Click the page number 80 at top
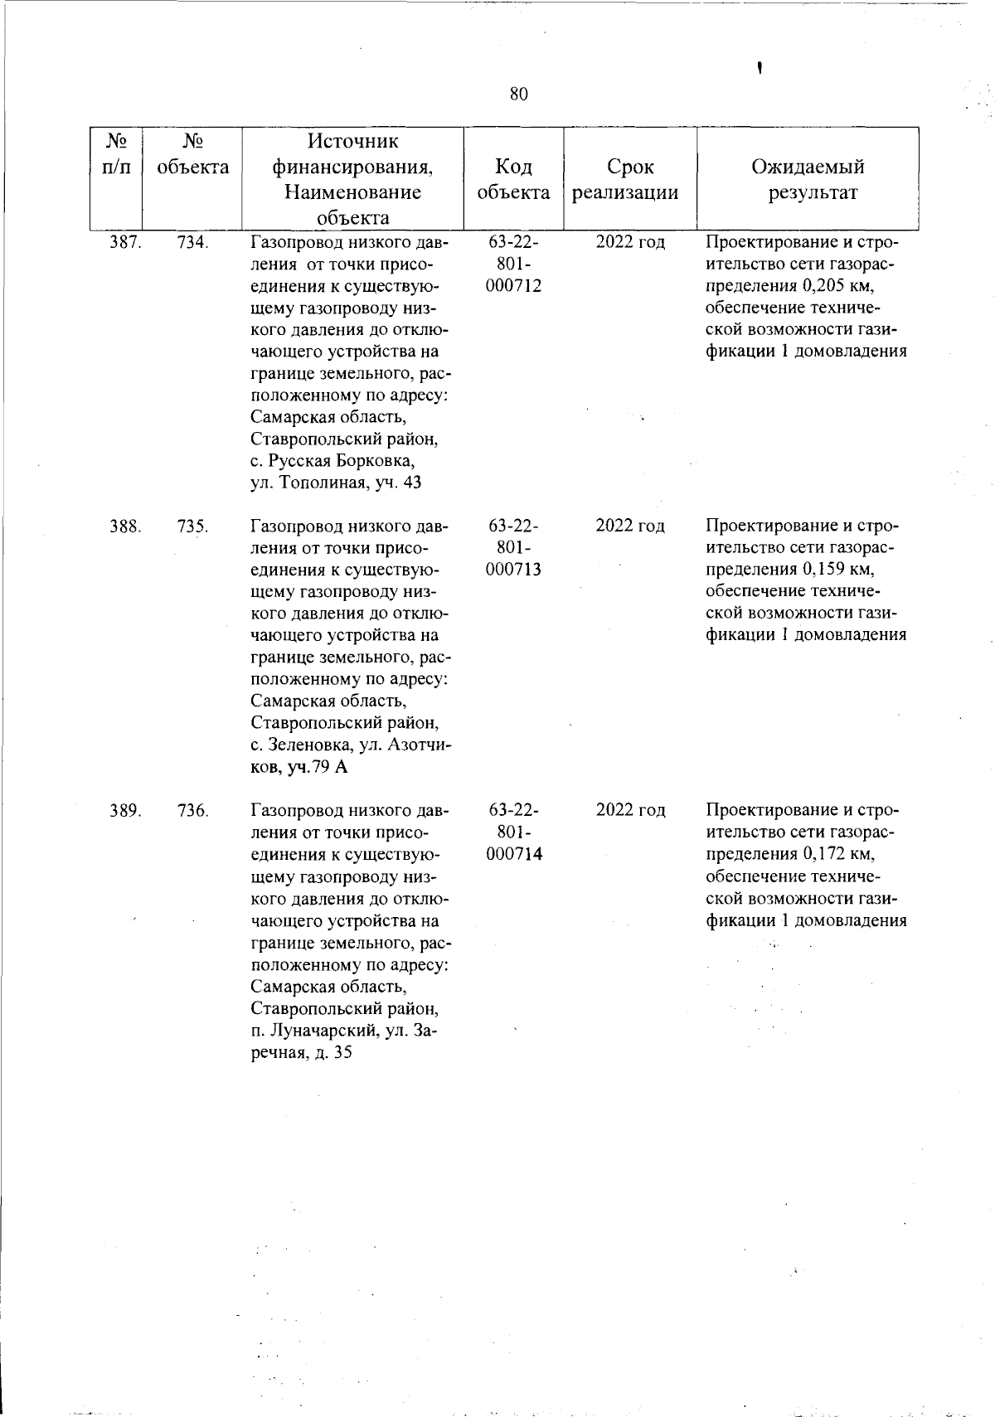[x=518, y=94]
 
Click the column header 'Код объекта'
[x=513, y=180]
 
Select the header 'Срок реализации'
[x=630, y=180]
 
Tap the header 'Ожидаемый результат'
[x=808, y=180]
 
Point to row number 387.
[x=125, y=243]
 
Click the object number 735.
[x=192, y=527]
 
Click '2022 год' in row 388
[x=630, y=527]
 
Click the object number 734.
[x=192, y=243]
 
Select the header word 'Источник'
[x=352, y=142]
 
